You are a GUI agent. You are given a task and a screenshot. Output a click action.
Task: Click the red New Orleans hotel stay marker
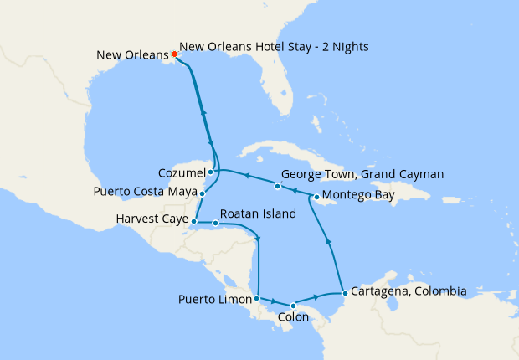coord(174,54)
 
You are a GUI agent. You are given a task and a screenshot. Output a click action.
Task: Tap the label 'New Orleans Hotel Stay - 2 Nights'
coord(274,46)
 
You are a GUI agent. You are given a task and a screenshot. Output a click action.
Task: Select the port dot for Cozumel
coord(211,172)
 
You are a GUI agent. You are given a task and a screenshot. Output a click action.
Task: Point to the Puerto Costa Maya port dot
coord(202,193)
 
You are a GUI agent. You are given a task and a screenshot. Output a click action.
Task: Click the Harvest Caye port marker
coord(193,221)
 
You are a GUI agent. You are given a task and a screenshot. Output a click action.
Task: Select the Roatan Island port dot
coord(216,223)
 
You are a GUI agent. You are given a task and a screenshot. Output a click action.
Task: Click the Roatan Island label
coord(259,214)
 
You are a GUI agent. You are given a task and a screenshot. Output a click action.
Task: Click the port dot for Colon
coord(292,306)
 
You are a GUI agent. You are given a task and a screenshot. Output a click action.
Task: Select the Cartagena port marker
coord(345,293)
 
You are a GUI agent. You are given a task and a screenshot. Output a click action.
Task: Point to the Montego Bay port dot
coord(315,198)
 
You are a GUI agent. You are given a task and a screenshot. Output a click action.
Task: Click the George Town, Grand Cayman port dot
coord(277,185)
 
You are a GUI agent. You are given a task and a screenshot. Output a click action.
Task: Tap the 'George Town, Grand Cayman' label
coord(362,175)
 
